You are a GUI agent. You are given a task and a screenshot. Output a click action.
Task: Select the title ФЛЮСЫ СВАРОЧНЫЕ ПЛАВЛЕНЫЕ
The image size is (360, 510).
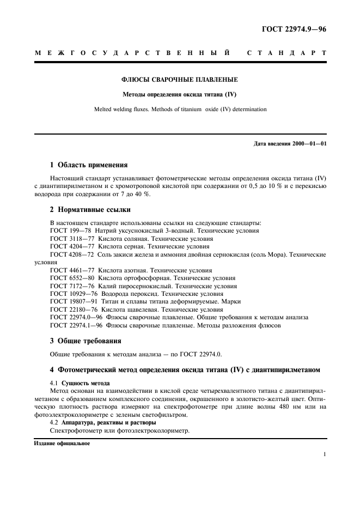point(179,80)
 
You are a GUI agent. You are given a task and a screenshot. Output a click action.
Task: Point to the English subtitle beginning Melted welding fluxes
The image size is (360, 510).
point(179,109)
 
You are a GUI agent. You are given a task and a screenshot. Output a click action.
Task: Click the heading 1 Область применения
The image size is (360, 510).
point(89,164)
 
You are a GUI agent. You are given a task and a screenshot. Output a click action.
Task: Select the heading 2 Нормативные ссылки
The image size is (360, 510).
point(90,209)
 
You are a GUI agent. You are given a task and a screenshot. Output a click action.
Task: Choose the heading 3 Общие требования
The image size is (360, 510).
point(85,341)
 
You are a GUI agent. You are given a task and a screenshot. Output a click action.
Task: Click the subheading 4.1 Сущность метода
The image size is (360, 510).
point(80,384)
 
